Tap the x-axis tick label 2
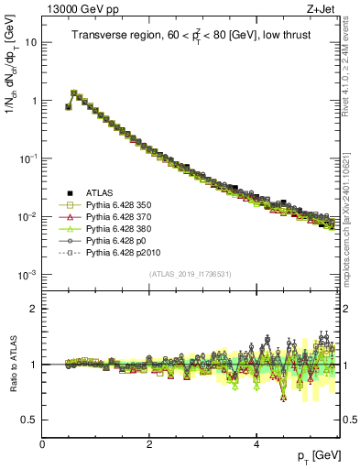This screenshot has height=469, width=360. pyautogui.click(x=149, y=444)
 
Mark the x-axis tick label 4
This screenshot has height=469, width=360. pyautogui.click(x=256, y=444)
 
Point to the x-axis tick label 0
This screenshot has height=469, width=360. pyautogui.click(x=42, y=444)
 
